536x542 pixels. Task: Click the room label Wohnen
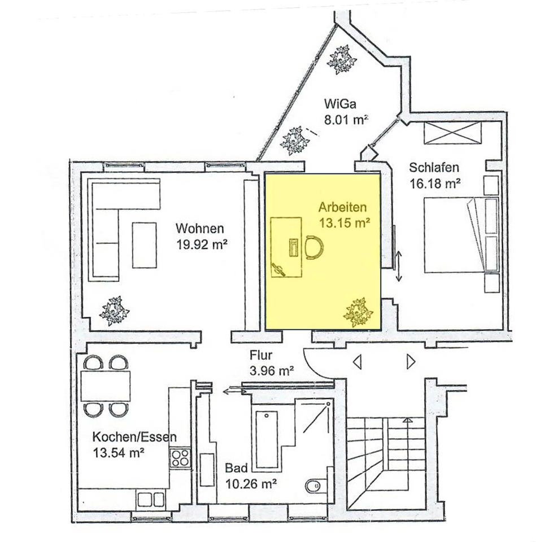199,229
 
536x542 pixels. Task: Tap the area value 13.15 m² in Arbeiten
345,223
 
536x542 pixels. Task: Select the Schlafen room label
434,167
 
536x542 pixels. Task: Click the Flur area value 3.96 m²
272,371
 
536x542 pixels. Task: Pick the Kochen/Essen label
134,437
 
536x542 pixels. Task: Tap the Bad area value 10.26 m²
251,484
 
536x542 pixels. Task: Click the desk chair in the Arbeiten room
314,247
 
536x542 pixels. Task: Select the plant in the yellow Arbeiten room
358,312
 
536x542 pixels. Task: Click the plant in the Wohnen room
115,311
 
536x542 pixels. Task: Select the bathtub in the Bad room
266,439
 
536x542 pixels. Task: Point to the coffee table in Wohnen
144,245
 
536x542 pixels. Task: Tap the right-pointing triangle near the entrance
411,362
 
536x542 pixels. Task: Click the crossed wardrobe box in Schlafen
452,132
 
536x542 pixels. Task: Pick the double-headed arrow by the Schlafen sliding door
399,265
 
